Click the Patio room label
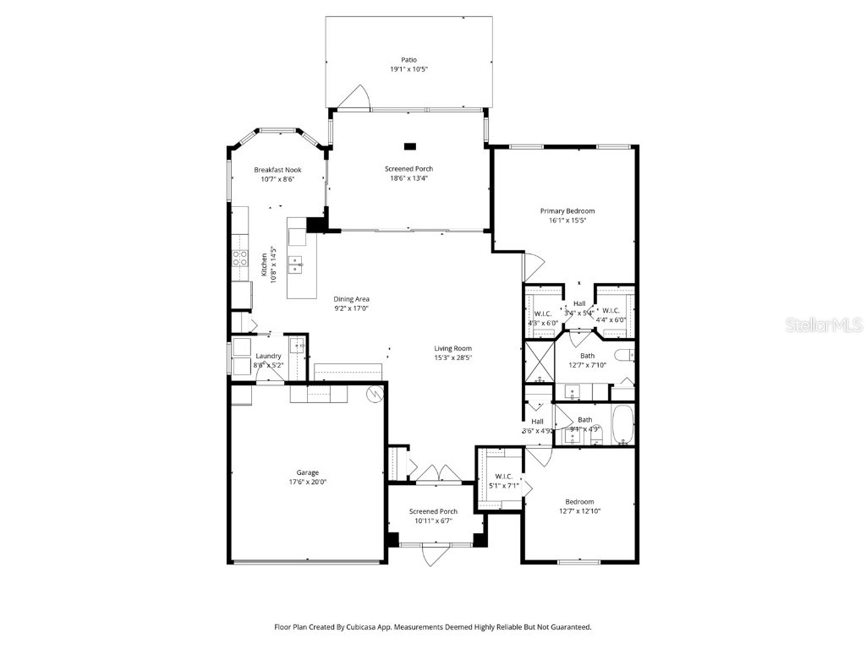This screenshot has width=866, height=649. tap(409, 59)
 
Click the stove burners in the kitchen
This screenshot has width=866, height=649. tap(240, 258)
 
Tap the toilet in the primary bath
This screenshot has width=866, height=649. tap(624, 355)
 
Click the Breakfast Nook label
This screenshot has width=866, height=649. tap(277, 170)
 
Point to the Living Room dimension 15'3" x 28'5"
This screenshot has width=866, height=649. tap(453, 357)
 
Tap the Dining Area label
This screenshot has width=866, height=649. tap(351, 298)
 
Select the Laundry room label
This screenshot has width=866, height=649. tap(269, 356)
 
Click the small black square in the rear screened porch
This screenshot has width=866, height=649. tap(410, 145)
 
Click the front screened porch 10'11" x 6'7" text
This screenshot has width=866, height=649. tap(434, 521)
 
